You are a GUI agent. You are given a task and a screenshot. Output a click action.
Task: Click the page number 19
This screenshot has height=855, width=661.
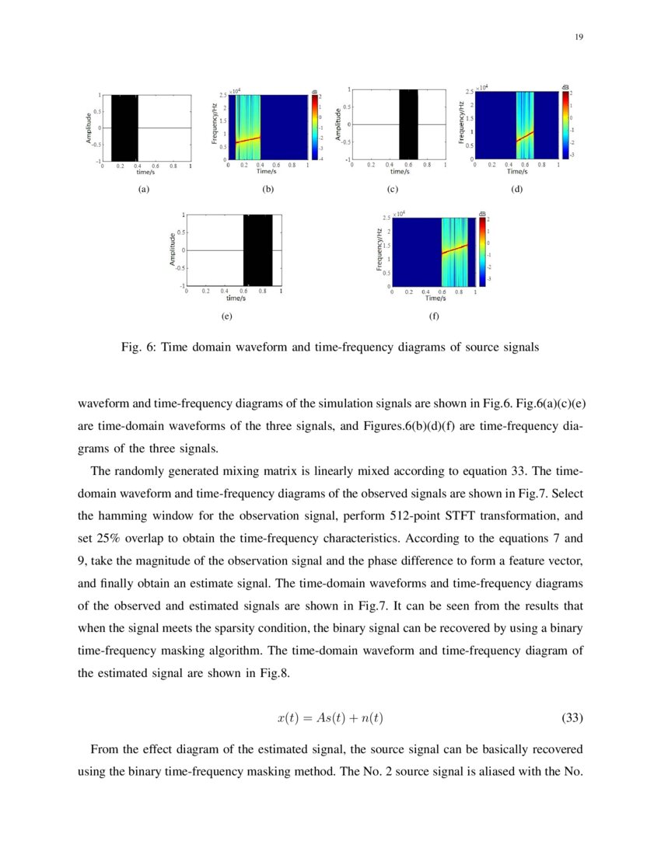(x=579, y=37)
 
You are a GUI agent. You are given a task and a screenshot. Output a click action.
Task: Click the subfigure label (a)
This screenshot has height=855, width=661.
(x=143, y=189)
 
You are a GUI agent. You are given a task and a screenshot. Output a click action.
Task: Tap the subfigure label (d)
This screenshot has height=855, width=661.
(x=516, y=189)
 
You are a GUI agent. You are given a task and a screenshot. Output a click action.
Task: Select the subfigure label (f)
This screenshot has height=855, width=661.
(x=433, y=316)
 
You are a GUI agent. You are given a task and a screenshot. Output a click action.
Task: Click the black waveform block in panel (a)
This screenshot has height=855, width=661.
(x=124, y=127)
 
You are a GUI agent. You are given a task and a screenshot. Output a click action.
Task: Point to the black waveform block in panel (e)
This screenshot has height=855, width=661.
(x=257, y=250)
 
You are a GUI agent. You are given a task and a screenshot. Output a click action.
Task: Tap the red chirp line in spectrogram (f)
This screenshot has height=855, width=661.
(x=455, y=249)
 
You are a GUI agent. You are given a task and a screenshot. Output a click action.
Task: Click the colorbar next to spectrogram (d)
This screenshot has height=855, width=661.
(x=566, y=124)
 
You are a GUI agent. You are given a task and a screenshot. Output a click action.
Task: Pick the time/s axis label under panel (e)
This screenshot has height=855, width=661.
(x=236, y=298)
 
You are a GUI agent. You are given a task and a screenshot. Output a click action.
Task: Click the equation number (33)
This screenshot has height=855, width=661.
(x=572, y=718)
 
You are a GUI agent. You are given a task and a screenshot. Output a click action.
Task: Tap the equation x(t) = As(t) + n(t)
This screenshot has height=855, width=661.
(x=330, y=718)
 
